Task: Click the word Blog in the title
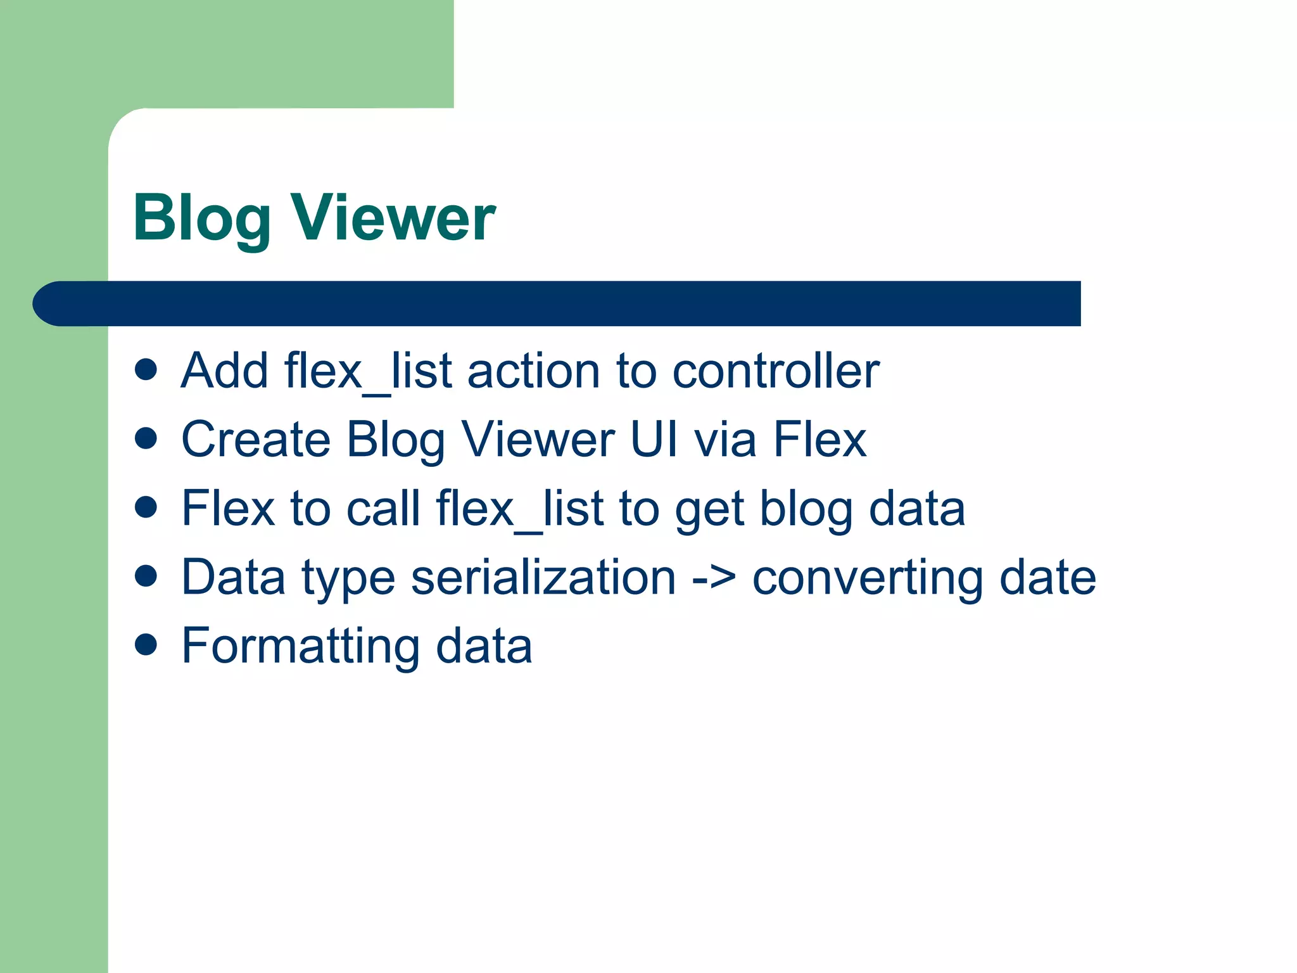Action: (x=201, y=219)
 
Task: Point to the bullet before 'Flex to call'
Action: (x=146, y=507)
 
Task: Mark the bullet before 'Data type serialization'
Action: (x=146, y=576)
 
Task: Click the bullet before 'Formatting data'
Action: (x=146, y=645)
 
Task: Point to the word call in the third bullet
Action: (x=383, y=508)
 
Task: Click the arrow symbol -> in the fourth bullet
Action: (x=714, y=578)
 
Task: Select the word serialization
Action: (x=543, y=577)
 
